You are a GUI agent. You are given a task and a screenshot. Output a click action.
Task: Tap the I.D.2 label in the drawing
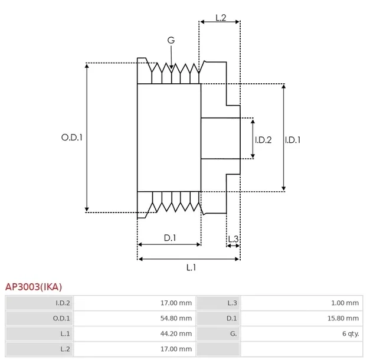tap(263, 140)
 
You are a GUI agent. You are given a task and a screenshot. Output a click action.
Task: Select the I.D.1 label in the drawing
tap(293, 140)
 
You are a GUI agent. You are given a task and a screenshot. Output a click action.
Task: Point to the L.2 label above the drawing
tap(221, 18)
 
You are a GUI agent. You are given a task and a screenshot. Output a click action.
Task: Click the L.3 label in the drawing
tap(233, 238)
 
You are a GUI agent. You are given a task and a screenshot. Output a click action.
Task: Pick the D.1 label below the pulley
tap(170, 238)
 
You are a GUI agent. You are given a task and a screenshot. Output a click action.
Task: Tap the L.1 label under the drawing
tap(191, 267)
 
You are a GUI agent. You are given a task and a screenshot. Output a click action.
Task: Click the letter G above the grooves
tap(171, 40)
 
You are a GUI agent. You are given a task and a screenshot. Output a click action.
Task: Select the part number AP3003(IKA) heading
tap(34, 287)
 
